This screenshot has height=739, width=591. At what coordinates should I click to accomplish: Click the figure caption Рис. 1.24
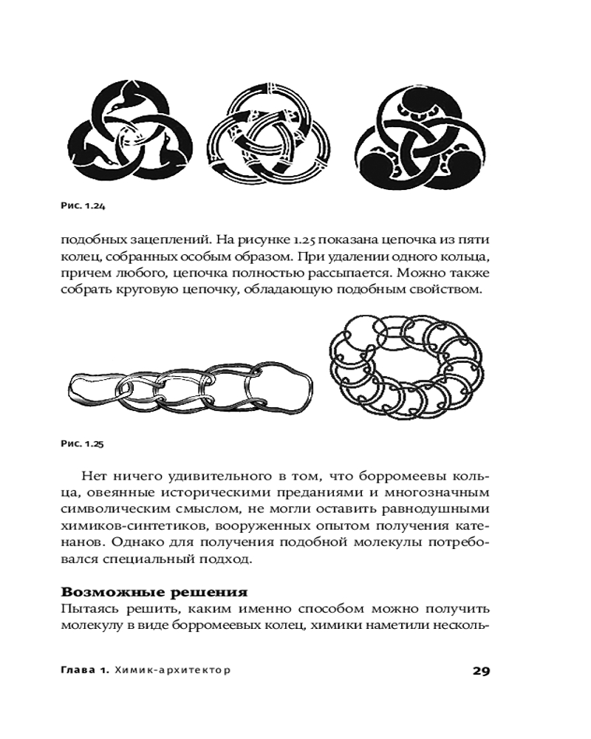tap(82, 206)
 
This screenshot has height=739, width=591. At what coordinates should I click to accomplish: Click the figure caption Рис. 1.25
tap(82, 443)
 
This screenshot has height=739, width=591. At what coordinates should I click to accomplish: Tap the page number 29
tap(480, 671)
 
